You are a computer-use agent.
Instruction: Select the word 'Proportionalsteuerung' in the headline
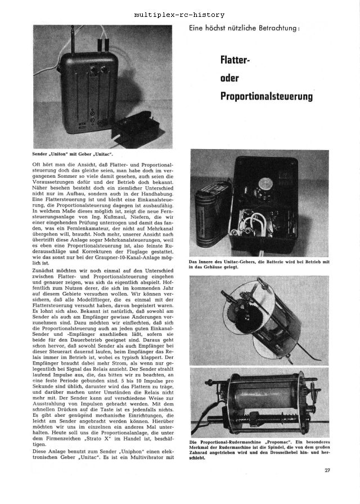point(266,96)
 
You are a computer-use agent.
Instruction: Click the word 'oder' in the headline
point(229,78)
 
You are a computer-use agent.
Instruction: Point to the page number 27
point(327,470)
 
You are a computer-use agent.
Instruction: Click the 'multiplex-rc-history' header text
point(180,14)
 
